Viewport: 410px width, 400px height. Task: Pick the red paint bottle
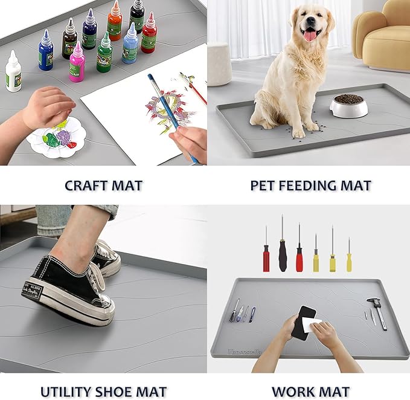(x=149, y=35)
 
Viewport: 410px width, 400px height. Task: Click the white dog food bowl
(x=348, y=106)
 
